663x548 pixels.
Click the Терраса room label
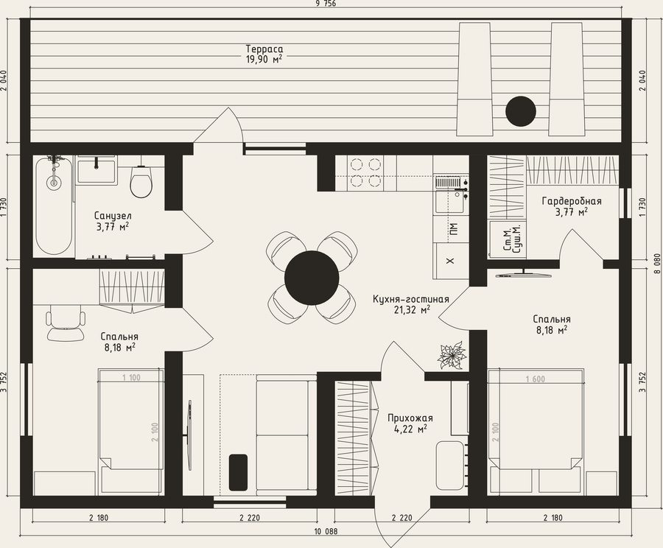point(264,49)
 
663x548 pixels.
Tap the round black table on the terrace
point(521,111)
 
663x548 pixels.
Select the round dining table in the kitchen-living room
point(312,278)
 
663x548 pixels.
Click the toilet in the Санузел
point(141,181)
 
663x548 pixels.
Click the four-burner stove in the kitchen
point(365,172)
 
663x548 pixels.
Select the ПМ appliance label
point(454,228)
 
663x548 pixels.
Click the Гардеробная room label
point(571,201)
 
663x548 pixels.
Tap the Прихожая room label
point(410,418)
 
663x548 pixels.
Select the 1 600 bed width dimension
point(536,379)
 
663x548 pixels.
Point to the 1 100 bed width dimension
point(131,378)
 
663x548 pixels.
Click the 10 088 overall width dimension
point(326,532)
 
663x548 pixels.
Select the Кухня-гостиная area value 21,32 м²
point(410,310)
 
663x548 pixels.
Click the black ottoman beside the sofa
point(239,472)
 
